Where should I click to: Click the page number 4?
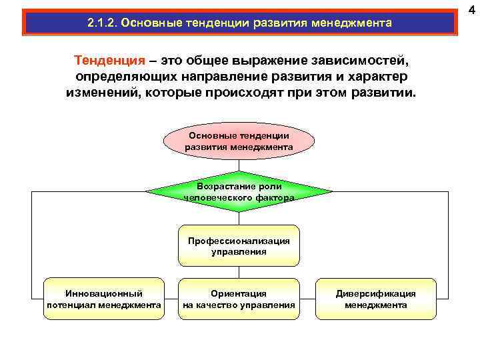tap(471, 9)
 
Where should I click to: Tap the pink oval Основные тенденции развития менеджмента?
tap(239, 141)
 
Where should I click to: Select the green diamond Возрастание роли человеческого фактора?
tap(239, 191)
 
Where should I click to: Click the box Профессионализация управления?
tap(239, 246)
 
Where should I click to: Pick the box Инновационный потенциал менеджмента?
tap(103, 299)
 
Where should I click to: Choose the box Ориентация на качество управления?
tap(239, 299)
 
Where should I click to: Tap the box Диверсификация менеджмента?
tap(375, 299)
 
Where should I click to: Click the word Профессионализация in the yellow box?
tap(239, 241)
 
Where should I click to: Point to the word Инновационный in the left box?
tap(103, 293)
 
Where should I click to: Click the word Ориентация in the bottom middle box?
tap(239, 293)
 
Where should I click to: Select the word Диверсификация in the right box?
tap(375, 293)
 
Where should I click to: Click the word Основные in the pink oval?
tap(207, 135)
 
